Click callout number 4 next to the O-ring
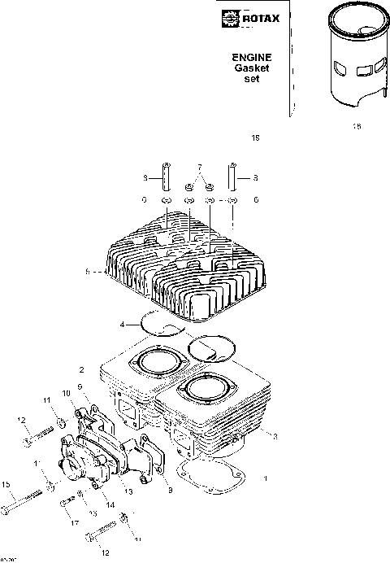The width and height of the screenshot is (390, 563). pos(122,325)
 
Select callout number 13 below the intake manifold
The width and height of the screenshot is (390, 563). pos(128,491)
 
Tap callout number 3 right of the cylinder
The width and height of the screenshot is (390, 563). pos(275,437)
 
